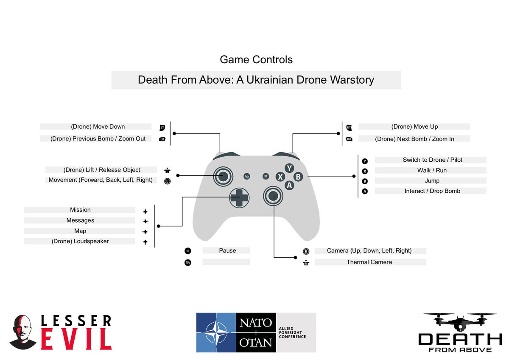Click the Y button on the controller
click(289, 168)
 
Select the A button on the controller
click(289, 185)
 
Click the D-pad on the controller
click(239, 197)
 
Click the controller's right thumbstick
click(273, 195)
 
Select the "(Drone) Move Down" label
click(98, 127)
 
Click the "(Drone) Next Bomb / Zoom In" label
click(414, 139)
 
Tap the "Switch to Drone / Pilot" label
click(432, 160)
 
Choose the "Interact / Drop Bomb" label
click(432, 191)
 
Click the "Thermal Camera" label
click(369, 262)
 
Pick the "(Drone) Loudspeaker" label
click(80, 242)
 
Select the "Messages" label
click(80, 221)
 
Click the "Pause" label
click(227, 251)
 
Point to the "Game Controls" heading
click(256, 59)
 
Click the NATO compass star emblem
click(215, 333)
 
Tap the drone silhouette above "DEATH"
click(460, 322)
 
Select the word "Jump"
click(432, 181)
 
